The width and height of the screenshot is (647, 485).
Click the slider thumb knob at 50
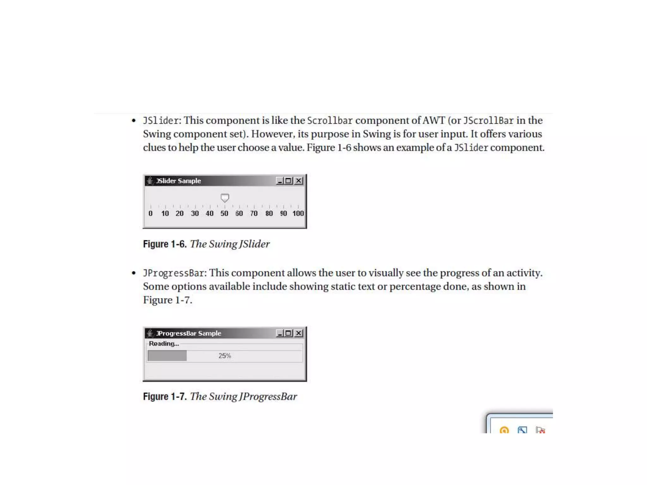225,198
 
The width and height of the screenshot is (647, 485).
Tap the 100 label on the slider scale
298,213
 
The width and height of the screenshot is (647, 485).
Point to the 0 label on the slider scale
150,213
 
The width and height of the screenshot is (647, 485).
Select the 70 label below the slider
254,213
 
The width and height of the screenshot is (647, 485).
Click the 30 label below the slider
195,213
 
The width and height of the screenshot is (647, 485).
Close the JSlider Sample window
299,181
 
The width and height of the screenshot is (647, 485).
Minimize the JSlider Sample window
280,181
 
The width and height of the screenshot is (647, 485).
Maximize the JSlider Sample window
288,181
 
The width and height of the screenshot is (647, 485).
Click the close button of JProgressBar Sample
299,333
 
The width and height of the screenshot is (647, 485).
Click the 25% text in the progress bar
225,356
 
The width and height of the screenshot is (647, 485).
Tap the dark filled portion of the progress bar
167,356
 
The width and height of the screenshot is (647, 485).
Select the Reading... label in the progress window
164,344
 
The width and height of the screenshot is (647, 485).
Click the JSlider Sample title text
178,181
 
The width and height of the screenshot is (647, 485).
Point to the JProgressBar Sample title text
189,333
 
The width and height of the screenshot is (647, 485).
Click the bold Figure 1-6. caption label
165,244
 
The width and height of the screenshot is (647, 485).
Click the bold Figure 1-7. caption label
165,397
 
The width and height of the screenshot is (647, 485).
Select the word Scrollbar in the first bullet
330,121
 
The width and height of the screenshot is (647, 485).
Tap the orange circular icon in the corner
504,430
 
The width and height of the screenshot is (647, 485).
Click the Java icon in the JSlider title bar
150,181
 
